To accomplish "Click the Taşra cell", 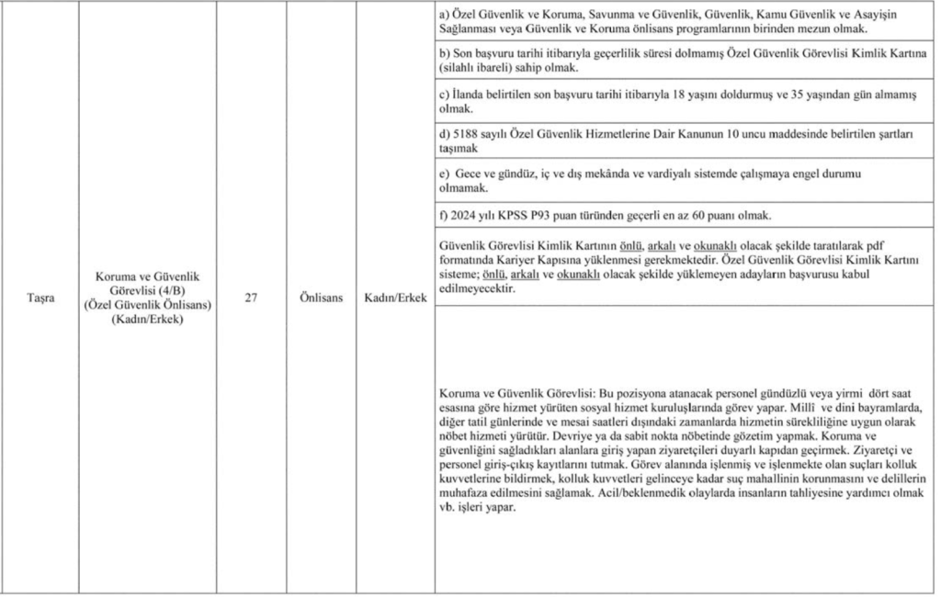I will pos(40,298).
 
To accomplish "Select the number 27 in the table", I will pos(251,298).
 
